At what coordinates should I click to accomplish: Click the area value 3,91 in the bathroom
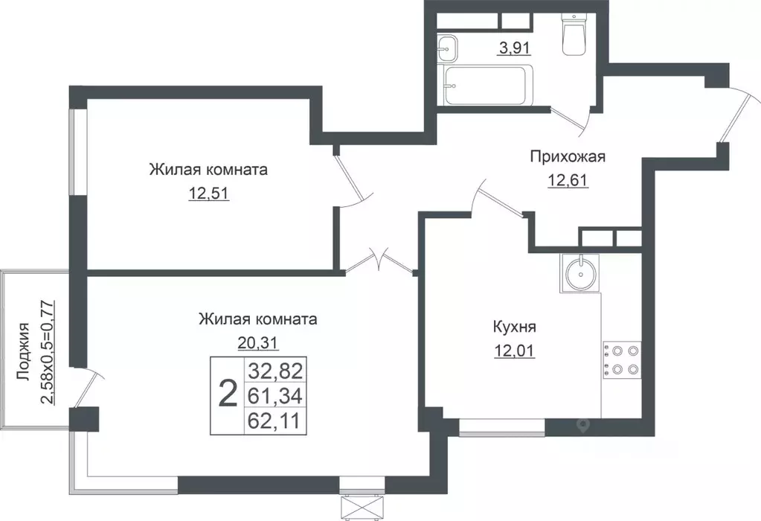(x=513, y=50)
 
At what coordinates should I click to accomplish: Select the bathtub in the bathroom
(x=488, y=86)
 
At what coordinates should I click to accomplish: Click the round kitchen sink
(x=579, y=272)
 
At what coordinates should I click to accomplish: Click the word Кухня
(x=515, y=327)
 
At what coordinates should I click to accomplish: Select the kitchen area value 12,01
(x=515, y=350)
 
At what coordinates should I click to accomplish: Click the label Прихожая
(x=568, y=156)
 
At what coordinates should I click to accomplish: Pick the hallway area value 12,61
(x=568, y=180)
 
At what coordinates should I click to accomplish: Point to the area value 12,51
(x=208, y=194)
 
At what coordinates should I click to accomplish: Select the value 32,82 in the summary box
(x=276, y=370)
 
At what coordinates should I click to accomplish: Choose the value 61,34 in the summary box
(x=276, y=395)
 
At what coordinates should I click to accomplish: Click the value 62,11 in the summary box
(x=276, y=421)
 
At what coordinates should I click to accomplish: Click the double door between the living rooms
(x=380, y=262)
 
